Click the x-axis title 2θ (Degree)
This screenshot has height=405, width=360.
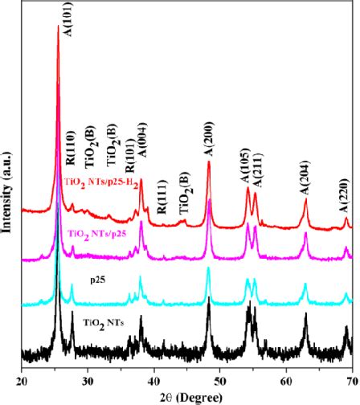(x=186, y=395)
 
